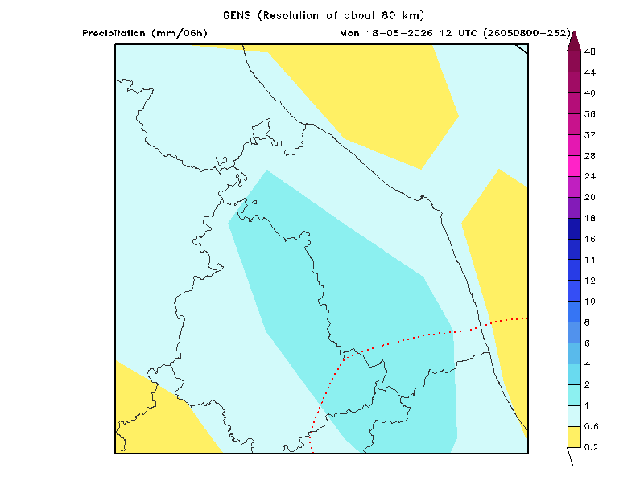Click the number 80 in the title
(x=389, y=15)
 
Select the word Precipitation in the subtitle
(x=114, y=33)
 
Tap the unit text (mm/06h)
(x=180, y=33)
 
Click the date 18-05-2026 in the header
(x=399, y=33)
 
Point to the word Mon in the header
(x=349, y=33)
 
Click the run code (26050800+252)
(x=527, y=33)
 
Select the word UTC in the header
(x=467, y=33)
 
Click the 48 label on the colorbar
(x=590, y=51)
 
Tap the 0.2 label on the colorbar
(x=591, y=447)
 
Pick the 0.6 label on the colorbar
(x=591, y=426)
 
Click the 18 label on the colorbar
(x=590, y=218)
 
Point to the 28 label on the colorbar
(x=590, y=156)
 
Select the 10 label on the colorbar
(x=590, y=302)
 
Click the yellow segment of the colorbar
(x=574, y=437)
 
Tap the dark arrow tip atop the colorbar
(x=574, y=31)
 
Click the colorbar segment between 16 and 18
(x=574, y=228)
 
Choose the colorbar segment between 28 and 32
(x=574, y=146)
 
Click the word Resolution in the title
(x=291, y=15)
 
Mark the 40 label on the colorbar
(x=590, y=93)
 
